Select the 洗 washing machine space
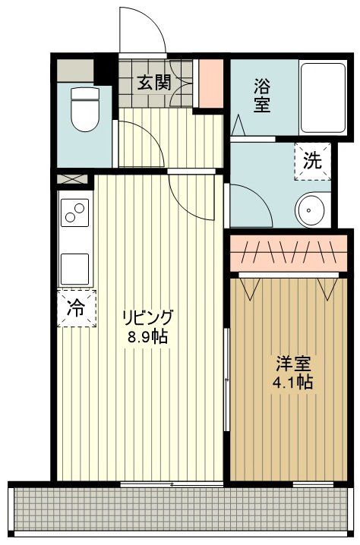[x=313, y=161]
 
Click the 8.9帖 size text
[x=147, y=336]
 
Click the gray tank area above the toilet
[x=75, y=70]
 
